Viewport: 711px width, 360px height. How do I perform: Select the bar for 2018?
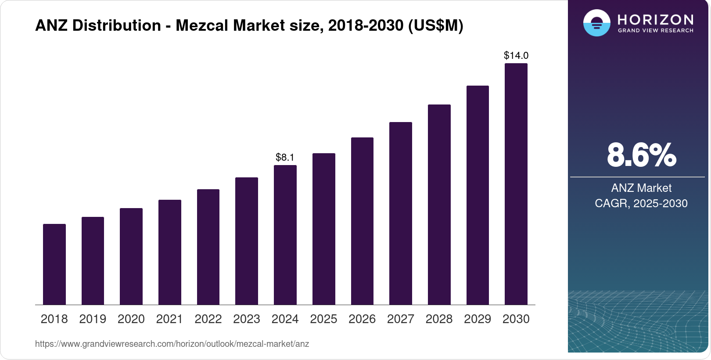pyautogui.click(x=54, y=264)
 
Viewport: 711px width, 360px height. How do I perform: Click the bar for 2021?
pyautogui.click(x=170, y=252)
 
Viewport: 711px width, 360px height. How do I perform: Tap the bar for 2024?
pyautogui.click(x=285, y=235)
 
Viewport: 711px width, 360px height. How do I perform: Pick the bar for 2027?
pyautogui.click(x=401, y=213)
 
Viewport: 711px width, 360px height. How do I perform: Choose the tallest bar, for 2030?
pyautogui.click(x=516, y=184)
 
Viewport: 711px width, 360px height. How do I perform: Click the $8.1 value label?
pyautogui.click(x=285, y=157)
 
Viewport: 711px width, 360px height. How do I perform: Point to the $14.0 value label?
pyautogui.click(x=516, y=56)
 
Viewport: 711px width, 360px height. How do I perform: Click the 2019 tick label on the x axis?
pyautogui.click(x=93, y=319)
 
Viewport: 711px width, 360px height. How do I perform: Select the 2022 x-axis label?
pyautogui.click(x=208, y=319)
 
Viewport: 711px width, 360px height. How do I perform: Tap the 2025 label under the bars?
pyautogui.click(x=323, y=319)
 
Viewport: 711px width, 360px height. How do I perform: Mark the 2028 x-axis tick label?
pyautogui.click(x=439, y=319)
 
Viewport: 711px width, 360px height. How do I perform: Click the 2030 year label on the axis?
pyautogui.click(x=516, y=319)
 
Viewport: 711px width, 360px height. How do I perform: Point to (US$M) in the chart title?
pyautogui.click(x=435, y=25)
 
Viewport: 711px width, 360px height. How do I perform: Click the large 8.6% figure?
pyautogui.click(x=641, y=155)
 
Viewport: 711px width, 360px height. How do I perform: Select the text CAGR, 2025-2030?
pyautogui.click(x=641, y=203)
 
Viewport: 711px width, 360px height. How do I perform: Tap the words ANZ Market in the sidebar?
pyautogui.click(x=641, y=188)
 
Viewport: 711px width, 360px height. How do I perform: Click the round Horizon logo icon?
pyautogui.click(x=596, y=23)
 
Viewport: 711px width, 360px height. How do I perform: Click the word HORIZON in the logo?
pyautogui.click(x=656, y=20)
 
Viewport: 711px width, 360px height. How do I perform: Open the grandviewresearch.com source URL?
pyautogui.click(x=172, y=344)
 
